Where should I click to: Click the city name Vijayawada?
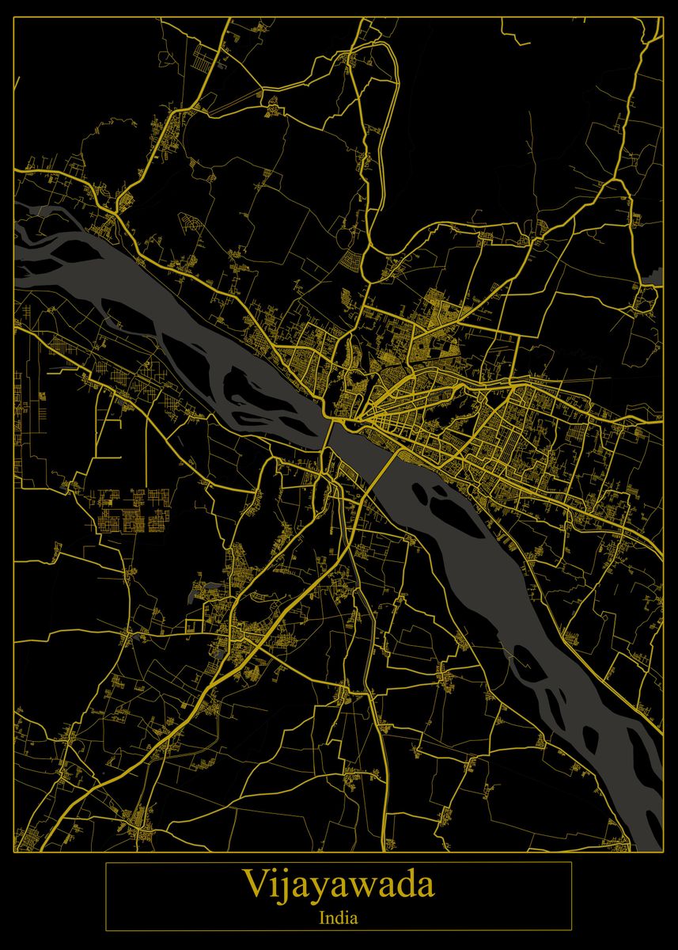click(x=339, y=885)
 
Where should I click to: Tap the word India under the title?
click(x=339, y=919)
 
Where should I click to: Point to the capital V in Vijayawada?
click(x=255, y=884)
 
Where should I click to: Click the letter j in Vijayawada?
click(x=280, y=887)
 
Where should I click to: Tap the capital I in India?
click(x=323, y=919)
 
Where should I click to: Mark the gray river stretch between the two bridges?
click(x=356, y=447)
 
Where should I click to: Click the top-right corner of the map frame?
click(x=663, y=17)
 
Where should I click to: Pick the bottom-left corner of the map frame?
click(x=14, y=853)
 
